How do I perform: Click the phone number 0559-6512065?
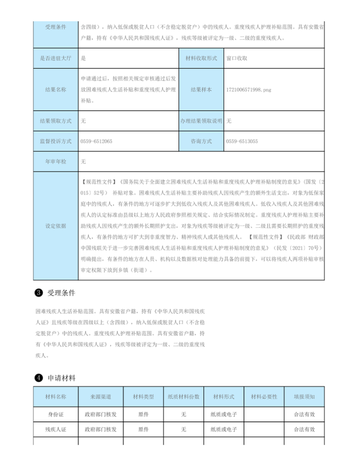point(96,141)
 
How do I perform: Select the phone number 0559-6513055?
point(242,141)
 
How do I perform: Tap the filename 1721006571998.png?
point(249,90)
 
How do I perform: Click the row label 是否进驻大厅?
point(56,58)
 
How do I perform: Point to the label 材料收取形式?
point(201,58)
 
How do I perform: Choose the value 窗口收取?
point(237,58)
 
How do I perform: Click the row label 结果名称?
point(56,90)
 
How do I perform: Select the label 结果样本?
point(201,90)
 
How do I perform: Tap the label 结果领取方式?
point(56,121)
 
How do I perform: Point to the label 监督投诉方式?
point(56,141)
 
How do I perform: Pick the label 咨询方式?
point(201,141)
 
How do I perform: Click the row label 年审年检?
point(56,161)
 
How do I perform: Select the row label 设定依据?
point(56,226)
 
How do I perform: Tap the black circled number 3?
point(39,293)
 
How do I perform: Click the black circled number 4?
point(39,378)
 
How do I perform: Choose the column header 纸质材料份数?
point(184,397)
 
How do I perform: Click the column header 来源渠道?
point(100,397)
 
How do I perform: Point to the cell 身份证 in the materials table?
point(56,414)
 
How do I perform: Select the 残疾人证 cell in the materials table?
point(56,430)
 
